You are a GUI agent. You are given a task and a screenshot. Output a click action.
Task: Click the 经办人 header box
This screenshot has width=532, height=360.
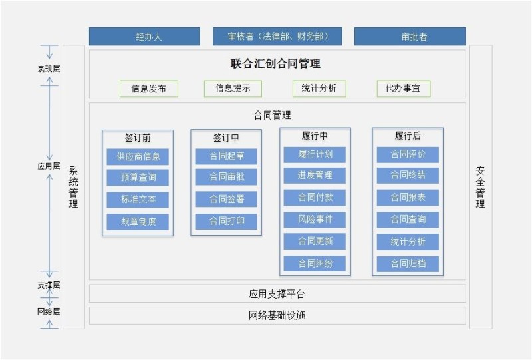144,37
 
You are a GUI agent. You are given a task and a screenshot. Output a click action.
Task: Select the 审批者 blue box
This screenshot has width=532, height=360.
410,37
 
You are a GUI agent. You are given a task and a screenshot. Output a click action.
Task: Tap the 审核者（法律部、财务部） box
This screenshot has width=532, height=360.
277,37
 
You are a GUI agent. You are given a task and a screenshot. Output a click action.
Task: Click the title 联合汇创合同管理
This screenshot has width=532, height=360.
275,64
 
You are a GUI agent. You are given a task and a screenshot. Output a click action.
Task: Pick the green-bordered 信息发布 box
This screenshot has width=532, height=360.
149,89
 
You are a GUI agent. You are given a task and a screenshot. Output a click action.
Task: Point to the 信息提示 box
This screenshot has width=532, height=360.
233,89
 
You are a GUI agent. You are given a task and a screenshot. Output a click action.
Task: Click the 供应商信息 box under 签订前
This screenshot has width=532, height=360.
138,157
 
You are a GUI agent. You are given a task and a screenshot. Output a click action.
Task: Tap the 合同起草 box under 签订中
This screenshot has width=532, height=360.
226,157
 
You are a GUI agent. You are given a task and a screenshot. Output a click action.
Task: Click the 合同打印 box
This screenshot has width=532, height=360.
226,222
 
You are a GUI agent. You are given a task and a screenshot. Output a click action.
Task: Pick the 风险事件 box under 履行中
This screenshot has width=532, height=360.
315,219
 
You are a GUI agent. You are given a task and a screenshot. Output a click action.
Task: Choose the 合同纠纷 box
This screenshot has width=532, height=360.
315,263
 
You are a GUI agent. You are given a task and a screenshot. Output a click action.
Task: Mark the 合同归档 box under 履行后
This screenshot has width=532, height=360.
408,264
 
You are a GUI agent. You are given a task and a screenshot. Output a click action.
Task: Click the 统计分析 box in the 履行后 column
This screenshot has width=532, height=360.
408,242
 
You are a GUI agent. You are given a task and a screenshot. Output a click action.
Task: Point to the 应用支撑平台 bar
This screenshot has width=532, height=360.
277,293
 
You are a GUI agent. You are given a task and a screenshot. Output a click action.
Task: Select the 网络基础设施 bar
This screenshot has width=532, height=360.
277,315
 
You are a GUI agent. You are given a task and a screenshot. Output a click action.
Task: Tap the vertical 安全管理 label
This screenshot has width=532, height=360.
480,187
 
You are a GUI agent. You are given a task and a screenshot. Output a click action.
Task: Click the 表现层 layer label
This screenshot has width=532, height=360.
49,69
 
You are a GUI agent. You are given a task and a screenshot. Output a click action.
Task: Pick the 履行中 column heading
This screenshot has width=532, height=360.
315,136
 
